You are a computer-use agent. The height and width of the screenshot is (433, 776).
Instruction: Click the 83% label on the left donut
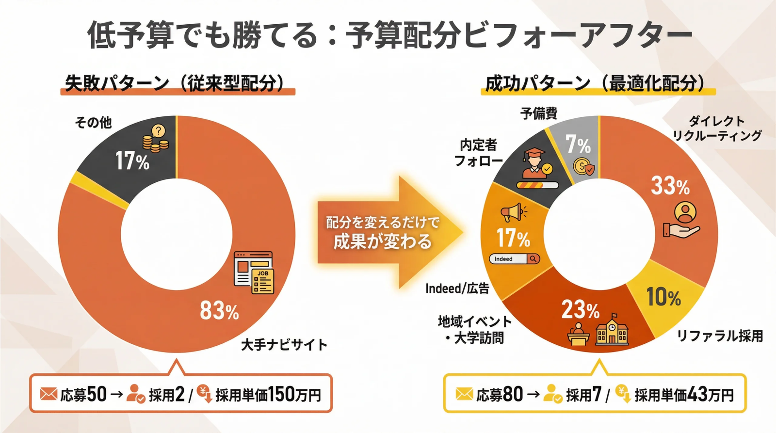click(219, 310)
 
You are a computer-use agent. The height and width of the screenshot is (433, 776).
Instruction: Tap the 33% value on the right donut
click(670, 186)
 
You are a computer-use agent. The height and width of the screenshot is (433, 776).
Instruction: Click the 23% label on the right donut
click(581, 309)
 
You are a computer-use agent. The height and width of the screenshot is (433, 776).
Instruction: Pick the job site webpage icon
click(254, 273)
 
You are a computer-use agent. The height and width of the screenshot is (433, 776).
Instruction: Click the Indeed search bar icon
click(515, 259)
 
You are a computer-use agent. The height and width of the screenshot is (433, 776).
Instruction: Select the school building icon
click(612, 329)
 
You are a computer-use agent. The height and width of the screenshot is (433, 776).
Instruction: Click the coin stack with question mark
click(156, 139)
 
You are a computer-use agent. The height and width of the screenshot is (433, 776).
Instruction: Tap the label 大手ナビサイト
click(284, 345)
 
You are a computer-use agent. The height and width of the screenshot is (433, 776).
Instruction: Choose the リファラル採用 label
click(720, 336)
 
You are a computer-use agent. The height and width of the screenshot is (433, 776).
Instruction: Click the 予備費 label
click(539, 113)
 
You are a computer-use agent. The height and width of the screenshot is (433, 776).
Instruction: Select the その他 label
click(93, 122)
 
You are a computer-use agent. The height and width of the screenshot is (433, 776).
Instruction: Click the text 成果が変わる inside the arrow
click(383, 241)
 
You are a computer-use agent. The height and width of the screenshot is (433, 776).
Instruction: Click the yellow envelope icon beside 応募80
click(464, 394)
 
